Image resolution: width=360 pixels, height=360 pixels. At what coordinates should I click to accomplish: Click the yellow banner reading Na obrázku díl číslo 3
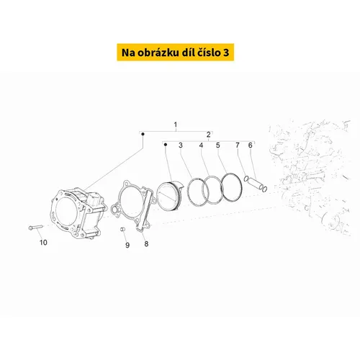(x=176, y=53)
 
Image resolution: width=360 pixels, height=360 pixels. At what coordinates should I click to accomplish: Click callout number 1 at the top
(x=176, y=125)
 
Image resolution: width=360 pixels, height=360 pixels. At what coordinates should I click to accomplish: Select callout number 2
(x=209, y=135)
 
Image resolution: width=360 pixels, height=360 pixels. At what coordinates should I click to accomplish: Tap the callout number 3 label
(x=181, y=145)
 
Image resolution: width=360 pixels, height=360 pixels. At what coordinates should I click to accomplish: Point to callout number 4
(x=201, y=145)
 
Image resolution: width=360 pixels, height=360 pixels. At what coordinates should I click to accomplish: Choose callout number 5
(x=218, y=145)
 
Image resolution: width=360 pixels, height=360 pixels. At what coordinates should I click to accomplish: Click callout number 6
(x=251, y=145)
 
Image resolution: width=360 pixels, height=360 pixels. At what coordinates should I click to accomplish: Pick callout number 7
(x=238, y=145)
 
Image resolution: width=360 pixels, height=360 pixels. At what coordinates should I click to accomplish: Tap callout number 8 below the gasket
(x=146, y=244)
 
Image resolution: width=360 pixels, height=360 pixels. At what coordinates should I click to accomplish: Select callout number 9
(x=127, y=245)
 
